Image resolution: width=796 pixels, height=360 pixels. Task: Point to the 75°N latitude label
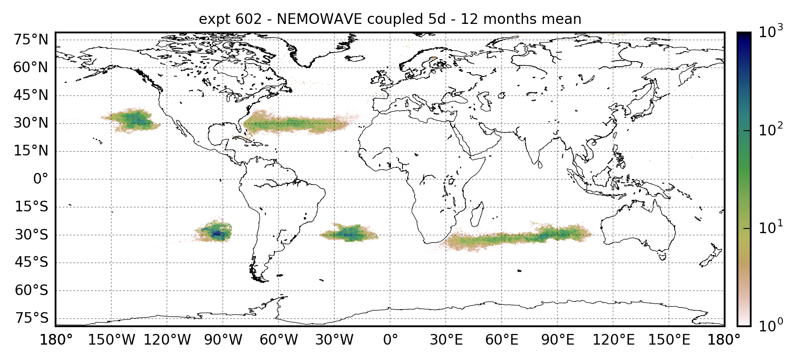click(x=31, y=40)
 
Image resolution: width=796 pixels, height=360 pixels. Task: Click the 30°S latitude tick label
click(x=31, y=235)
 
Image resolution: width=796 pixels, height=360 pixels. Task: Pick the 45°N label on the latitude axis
click(x=31, y=95)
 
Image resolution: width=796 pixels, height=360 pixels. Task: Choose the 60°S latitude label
click(x=31, y=290)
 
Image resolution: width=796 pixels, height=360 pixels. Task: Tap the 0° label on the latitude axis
click(x=41, y=179)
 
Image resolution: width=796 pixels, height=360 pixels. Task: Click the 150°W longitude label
click(x=112, y=340)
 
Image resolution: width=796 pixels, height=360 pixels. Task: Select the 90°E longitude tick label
click(x=558, y=340)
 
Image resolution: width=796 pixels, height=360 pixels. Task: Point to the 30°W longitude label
click(x=335, y=340)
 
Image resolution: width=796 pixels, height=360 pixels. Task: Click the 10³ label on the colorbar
click(x=771, y=32)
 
